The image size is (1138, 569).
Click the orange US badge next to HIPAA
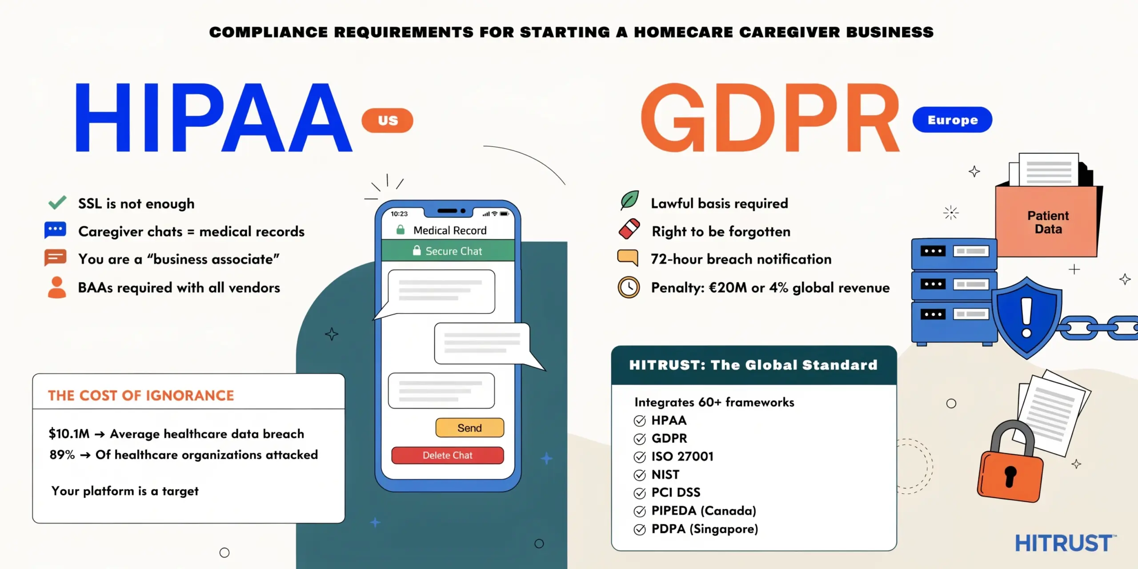point(387,120)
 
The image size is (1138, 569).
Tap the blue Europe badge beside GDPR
point(952,120)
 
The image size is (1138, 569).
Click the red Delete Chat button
point(447,455)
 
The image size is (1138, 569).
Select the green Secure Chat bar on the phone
point(448,251)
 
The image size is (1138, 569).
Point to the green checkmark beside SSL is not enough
point(57,203)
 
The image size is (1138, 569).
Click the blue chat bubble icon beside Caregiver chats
point(55,230)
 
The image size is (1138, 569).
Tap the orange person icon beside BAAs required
point(56,287)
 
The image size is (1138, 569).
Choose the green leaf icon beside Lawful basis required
point(629,200)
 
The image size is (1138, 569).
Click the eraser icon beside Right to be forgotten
point(629,229)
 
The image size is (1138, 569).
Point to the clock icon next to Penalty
point(629,287)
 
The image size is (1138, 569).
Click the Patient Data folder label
point(1048,222)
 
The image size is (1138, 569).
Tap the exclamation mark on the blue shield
point(1026,317)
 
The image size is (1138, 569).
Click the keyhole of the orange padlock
point(1010,476)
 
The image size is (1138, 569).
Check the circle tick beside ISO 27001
point(639,457)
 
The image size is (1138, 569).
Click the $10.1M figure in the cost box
point(69,433)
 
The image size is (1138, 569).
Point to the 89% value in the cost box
point(62,455)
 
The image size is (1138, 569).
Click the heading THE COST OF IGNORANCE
point(141,395)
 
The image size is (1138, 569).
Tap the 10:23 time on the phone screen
point(399,214)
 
